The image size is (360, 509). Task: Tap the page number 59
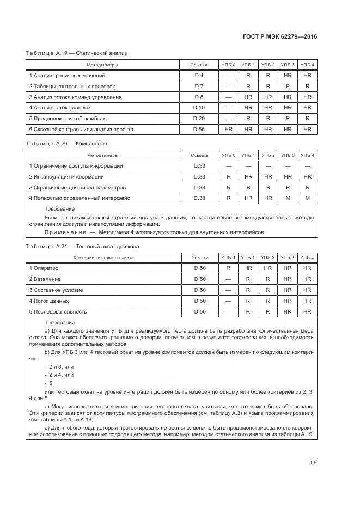pyautogui.click(x=313, y=463)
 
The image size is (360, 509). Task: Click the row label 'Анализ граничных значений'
pyautogui.click(x=67, y=75)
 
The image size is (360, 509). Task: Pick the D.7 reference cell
pyautogui.click(x=199, y=86)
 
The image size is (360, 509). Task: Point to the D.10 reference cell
pyautogui.click(x=199, y=108)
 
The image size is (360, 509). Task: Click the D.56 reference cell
pyautogui.click(x=199, y=130)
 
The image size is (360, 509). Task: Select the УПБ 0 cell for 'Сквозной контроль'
pyautogui.click(x=228, y=130)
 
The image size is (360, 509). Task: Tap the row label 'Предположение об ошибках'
pyautogui.click(x=67, y=119)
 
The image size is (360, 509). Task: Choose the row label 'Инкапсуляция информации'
pyautogui.click(x=66, y=177)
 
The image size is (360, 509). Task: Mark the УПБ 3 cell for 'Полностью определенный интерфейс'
pyautogui.click(x=288, y=198)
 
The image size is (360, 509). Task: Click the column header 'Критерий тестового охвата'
pyautogui.click(x=103, y=257)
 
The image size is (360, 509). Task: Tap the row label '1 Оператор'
pyautogui.click(x=44, y=268)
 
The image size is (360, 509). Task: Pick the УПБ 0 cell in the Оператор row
pyautogui.click(x=228, y=268)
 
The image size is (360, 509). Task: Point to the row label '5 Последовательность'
pyautogui.click(x=58, y=312)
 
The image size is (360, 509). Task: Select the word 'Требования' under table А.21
pyautogui.click(x=60, y=323)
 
